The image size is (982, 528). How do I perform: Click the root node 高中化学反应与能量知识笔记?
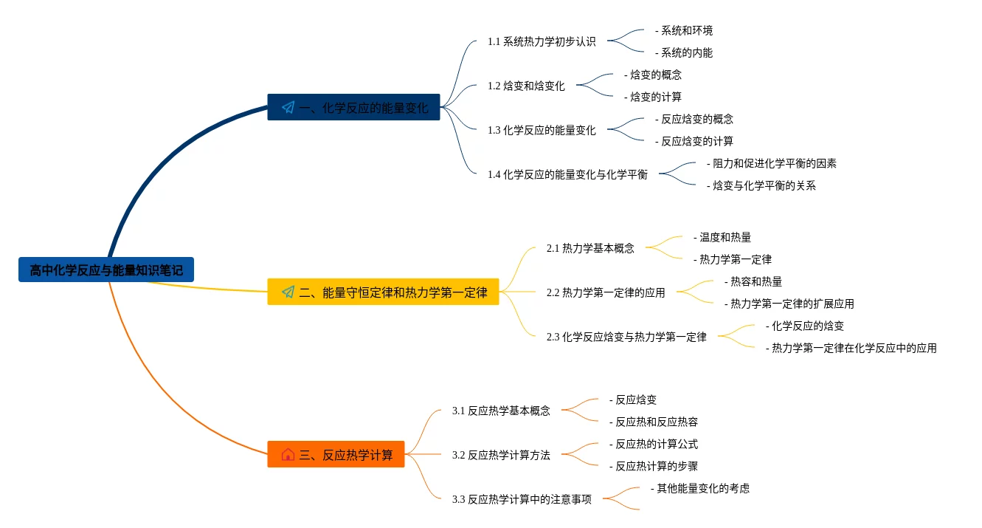[x=106, y=270]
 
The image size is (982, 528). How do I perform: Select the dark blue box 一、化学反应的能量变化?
[x=353, y=108]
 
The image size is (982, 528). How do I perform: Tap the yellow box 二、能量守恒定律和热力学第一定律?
[x=383, y=292]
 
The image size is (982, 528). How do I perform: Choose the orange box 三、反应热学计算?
[x=336, y=455]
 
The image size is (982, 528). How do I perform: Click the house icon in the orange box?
[x=288, y=455]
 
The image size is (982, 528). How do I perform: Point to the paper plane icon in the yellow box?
[x=288, y=292]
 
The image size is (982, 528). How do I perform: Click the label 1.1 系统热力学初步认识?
[x=542, y=41]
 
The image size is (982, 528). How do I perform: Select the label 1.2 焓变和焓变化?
[x=526, y=86]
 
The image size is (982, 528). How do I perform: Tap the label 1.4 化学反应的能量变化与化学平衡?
[x=567, y=174]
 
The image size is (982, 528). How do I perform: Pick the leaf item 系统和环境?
[x=684, y=31]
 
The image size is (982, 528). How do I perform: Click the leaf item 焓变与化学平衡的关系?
[x=761, y=186]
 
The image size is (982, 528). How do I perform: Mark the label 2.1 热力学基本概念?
[x=590, y=248]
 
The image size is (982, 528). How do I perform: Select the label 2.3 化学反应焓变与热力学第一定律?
[x=626, y=337]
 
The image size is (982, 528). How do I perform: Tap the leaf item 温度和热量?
[x=722, y=238]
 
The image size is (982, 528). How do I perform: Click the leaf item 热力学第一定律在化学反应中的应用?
[x=851, y=349]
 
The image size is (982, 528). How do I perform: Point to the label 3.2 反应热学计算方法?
[x=501, y=455]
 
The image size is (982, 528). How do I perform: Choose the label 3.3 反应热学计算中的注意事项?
[x=522, y=499]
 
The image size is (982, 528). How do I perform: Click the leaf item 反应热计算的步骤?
[x=654, y=467]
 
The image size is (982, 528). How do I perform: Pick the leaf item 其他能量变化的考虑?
[x=700, y=489]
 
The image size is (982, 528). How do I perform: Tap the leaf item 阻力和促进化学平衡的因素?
[x=772, y=164]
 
